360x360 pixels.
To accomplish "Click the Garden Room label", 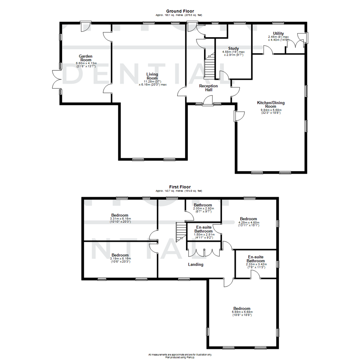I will [x=86, y=58].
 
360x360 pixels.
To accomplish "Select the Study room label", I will [x=233, y=48].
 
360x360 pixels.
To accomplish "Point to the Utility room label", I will [x=278, y=33].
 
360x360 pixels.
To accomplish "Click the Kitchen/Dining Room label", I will [x=270, y=105].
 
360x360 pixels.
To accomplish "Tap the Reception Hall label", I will [x=208, y=88].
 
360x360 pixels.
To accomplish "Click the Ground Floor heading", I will [x=180, y=11].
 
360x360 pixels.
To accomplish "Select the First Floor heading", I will [x=180, y=187].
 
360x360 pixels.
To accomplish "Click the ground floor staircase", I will [x=210, y=67].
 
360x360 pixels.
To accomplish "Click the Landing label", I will [x=196, y=264].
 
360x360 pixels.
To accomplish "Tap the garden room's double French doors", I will [x=56, y=79].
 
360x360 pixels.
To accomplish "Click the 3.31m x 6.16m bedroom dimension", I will [x=121, y=219].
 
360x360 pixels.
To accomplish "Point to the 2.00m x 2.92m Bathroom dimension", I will [x=203, y=209].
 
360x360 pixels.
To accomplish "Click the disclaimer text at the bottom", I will [x=180, y=356].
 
